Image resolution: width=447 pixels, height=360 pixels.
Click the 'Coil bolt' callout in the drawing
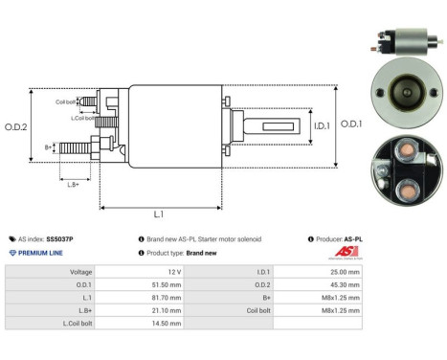click(65, 101)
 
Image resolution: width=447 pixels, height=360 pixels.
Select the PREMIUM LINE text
click(43, 253)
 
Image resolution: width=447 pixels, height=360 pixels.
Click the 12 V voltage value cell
click(191, 272)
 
